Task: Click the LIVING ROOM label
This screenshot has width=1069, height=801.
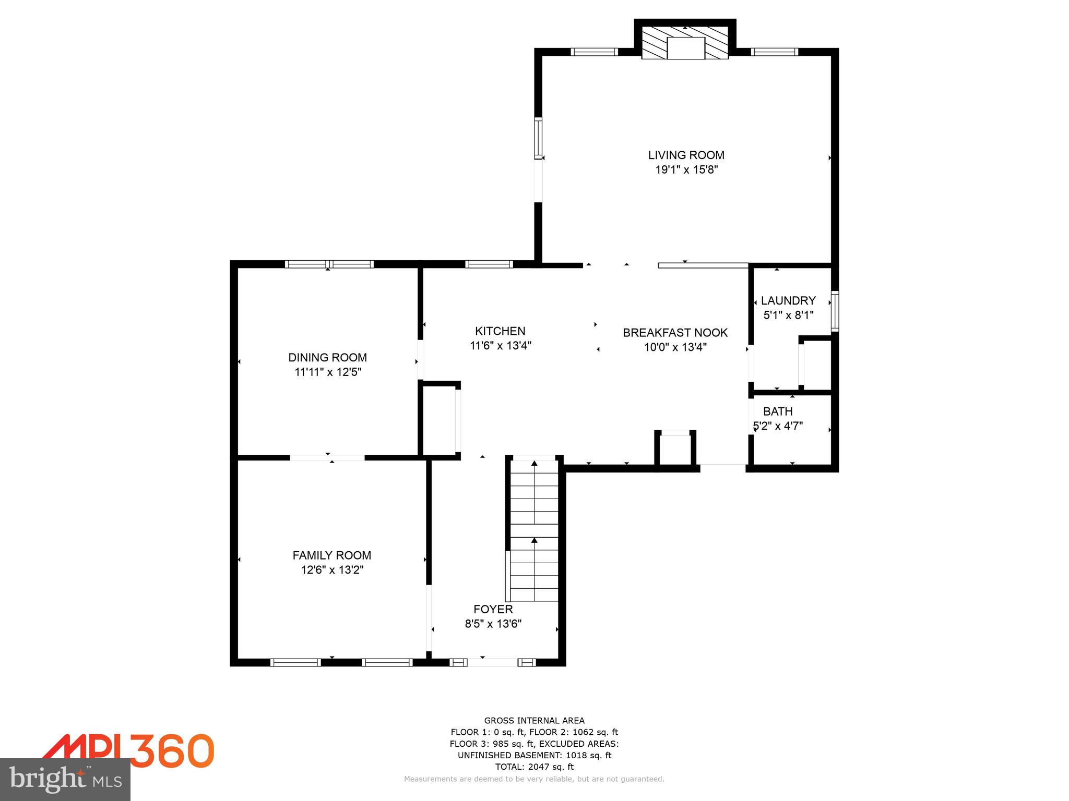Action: (686, 155)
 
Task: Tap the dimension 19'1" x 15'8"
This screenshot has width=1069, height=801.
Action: (686, 169)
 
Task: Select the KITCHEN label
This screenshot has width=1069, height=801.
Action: (500, 331)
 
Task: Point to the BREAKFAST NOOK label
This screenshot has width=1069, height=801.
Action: (675, 332)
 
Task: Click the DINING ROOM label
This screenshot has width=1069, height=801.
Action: (327, 357)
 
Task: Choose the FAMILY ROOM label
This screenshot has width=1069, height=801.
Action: (331, 555)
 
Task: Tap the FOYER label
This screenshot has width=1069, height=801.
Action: (493, 609)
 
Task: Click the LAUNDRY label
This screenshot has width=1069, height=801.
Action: (788, 300)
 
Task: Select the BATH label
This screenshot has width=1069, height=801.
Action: (778, 411)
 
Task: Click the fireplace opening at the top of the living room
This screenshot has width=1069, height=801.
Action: (686, 48)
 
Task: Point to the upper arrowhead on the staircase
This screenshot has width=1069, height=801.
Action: (534, 463)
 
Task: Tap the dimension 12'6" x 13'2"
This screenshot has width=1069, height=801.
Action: (331, 570)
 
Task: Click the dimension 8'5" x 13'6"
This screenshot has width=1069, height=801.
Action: (493, 624)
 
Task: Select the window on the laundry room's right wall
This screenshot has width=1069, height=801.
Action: (835, 311)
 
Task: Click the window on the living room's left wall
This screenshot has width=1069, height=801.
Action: (538, 138)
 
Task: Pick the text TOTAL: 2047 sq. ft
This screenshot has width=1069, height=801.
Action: (534, 767)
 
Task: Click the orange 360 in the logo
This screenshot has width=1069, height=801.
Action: (172, 750)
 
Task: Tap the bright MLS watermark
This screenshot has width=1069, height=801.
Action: (65, 779)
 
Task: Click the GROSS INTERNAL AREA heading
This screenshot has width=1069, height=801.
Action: (534, 721)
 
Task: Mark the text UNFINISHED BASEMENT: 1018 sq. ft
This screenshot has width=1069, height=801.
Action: (534, 755)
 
